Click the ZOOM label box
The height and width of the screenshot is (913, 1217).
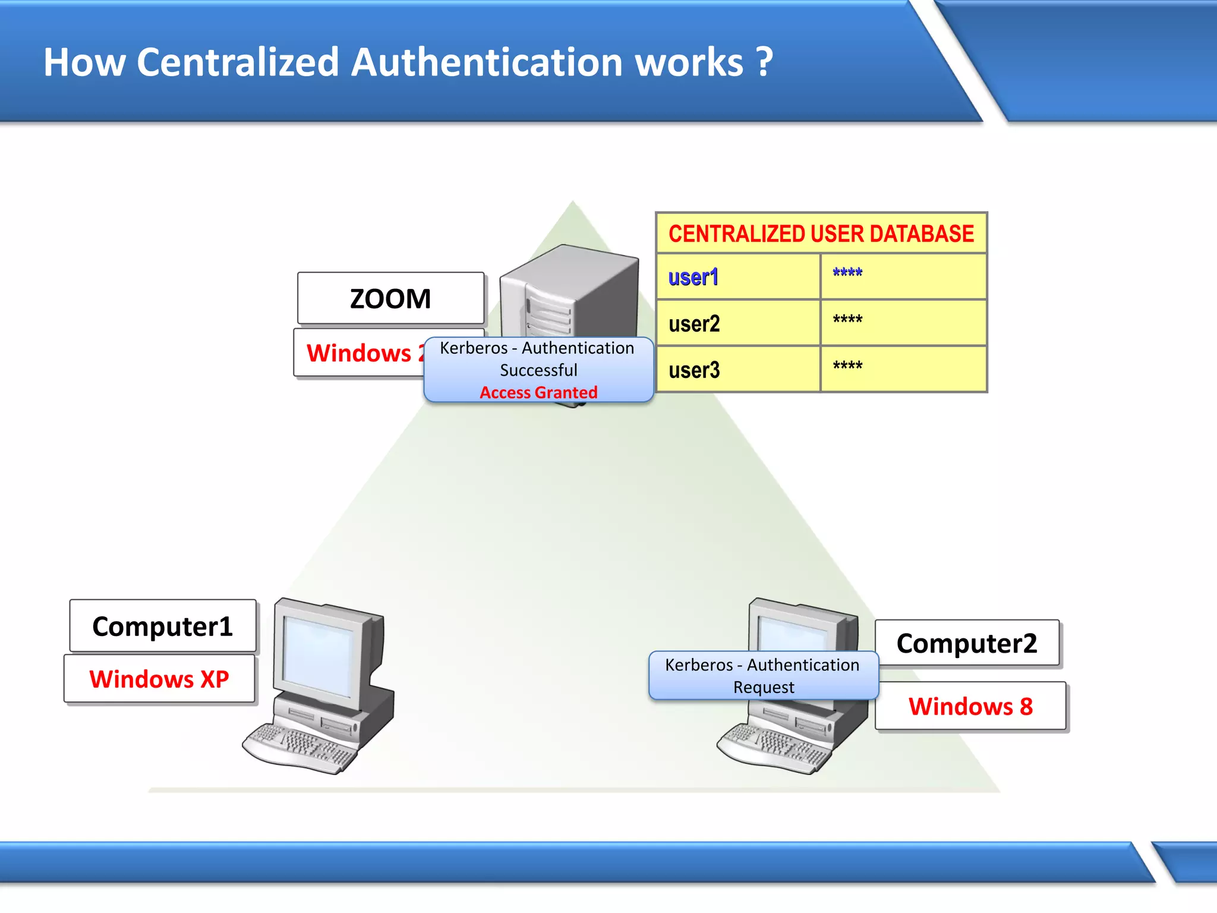(x=390, y=298)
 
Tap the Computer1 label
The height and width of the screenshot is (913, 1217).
(x=162, y=626)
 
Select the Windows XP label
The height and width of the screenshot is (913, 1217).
(x=159, y=679)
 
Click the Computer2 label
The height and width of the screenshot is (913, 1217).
(x=967, y=643)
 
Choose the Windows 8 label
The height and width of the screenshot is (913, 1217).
(x=970, y=706)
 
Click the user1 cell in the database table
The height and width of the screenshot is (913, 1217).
(x=693, y=277)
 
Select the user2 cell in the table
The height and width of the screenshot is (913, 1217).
(x=694, y=323)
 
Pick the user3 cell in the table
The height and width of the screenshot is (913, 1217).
(x=694, y=370)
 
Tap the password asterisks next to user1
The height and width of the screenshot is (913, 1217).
(x=847, y=273)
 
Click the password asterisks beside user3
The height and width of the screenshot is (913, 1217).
(x=847, y=366)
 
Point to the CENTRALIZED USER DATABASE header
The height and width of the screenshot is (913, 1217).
(x=821, y=234)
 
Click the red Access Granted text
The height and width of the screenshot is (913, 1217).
(x=538, y=392)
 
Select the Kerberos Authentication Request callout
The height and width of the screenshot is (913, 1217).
(x=763, y=676)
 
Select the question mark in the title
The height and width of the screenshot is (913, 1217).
(x=764, y=62)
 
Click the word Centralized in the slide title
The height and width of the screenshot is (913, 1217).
(x=238, y=62)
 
